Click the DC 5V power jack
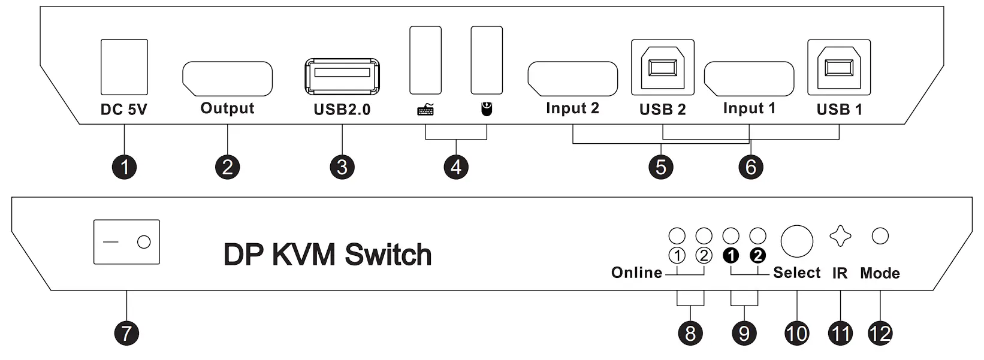[124, 67]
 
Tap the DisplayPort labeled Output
[227, 78]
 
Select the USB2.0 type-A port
[342, 75]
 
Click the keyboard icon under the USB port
[425, 110]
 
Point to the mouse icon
[487, 109]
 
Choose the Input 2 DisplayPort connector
[572, 78]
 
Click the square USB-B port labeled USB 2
[662, 67]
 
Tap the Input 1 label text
[749, 108]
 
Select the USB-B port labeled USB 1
[838, 67]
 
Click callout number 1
[125, 167]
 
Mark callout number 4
[456, 167]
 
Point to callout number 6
[751, 167]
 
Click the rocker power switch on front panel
[126, 242]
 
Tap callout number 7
[126, 333]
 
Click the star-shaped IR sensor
[840, 236]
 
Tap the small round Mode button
[880, 236]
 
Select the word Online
[636, 273]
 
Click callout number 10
[796, 333]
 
